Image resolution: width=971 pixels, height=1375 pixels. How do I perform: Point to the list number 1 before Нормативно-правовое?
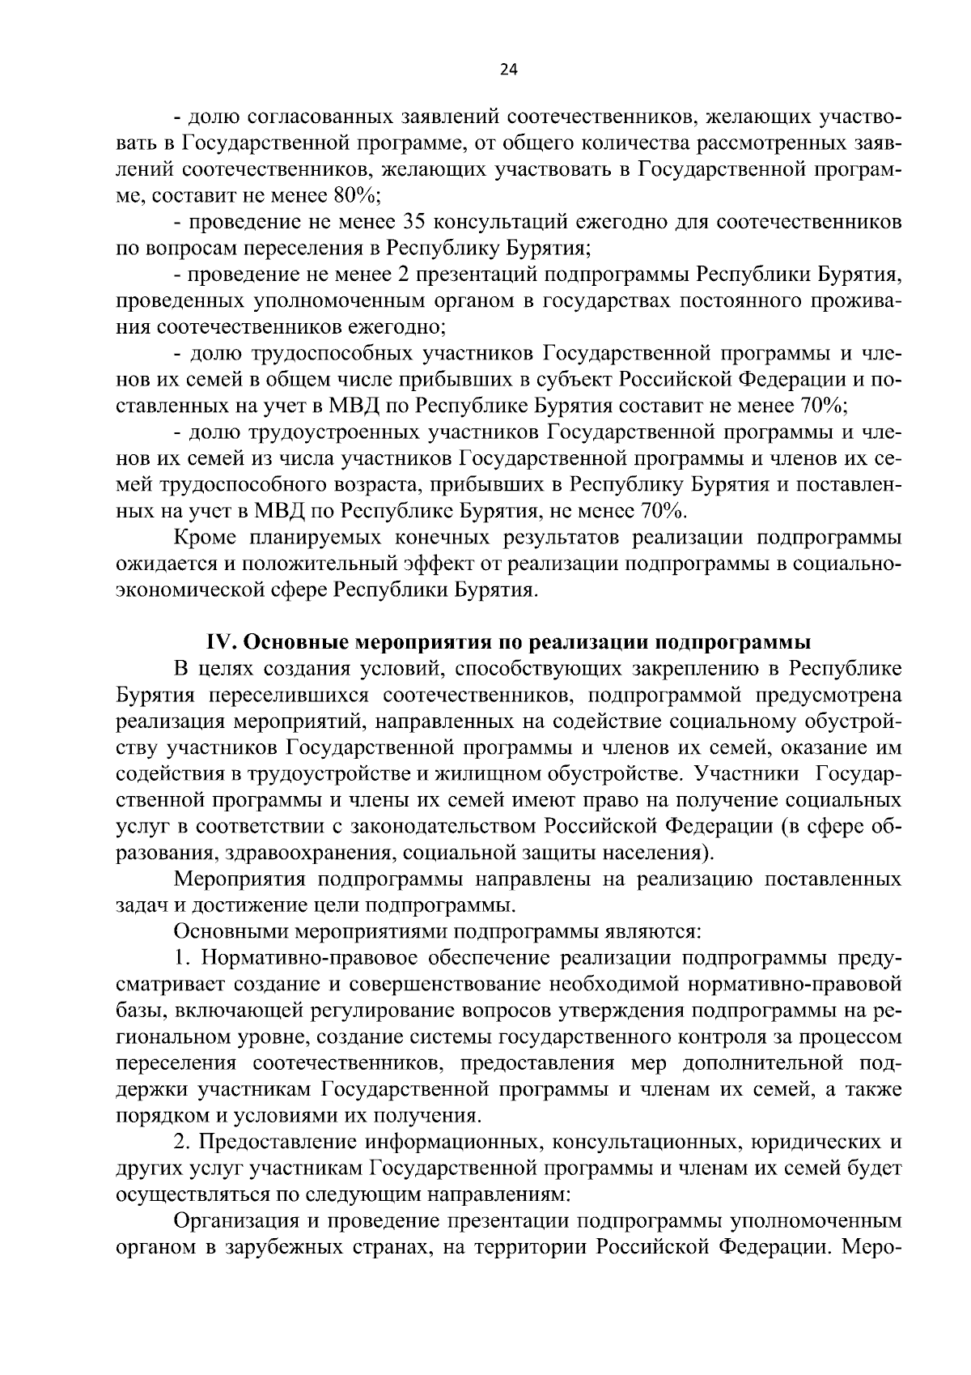click(181, 958)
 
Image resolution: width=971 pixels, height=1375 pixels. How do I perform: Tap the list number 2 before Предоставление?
click(181, 1143)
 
